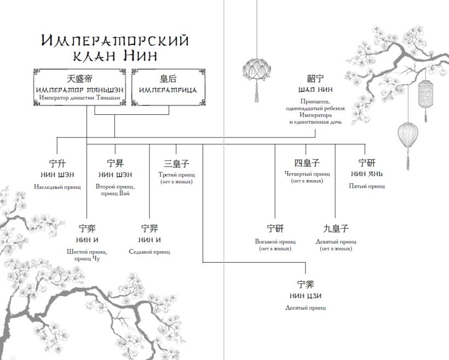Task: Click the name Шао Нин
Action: [315, 90]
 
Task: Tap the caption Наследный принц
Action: [57, 187]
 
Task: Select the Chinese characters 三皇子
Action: [176, 163]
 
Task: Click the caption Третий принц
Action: [176, 175]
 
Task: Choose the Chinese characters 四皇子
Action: [307, 163]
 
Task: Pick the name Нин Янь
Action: [367, 174]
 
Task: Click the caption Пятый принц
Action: [367, 186]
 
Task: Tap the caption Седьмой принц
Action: [149, 252]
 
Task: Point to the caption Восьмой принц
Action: [275, 241]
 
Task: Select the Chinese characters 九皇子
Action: [336, 229]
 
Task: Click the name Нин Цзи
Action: [306, 296]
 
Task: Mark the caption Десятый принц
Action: [306, 307]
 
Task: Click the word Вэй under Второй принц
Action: [125, 193]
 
